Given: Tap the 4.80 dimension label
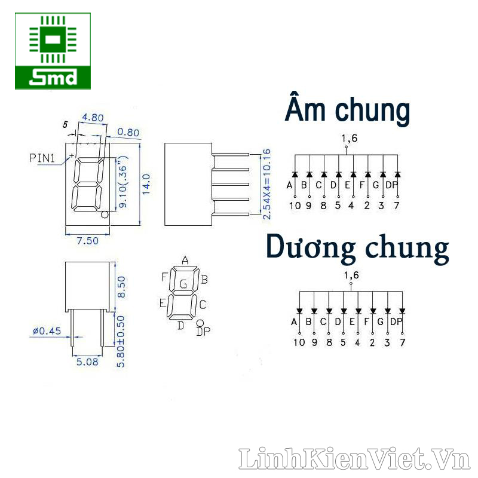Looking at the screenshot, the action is pos(93,118).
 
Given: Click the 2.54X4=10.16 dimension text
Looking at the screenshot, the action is pos(267,181).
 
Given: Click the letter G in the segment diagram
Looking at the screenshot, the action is pos(184,284).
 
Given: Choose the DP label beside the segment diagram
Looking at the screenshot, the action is pos(203,332).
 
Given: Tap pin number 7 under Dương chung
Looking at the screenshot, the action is pos(402,342).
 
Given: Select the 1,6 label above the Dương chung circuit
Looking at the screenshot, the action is pos(350,275).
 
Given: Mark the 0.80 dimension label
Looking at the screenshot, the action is pos(128,132).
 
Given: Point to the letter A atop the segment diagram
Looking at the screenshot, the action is pos(185,260).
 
